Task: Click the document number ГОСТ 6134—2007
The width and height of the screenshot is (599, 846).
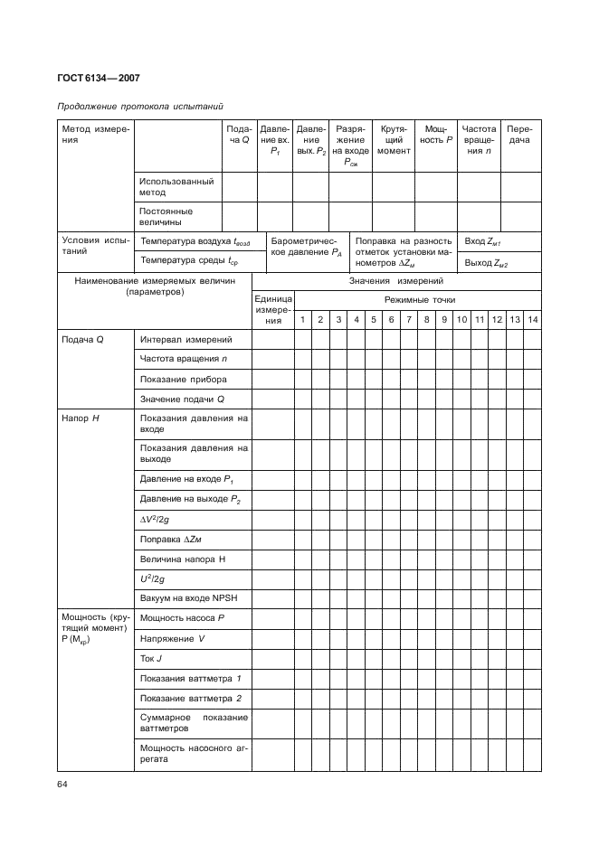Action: [100, 79]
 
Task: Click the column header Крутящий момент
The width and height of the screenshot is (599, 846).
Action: [393, 140]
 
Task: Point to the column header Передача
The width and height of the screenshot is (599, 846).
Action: [518, 135]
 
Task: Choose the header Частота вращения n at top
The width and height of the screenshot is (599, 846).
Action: [479, 140]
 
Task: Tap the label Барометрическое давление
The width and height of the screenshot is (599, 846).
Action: [306, 248]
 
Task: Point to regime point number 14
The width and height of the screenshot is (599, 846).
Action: [532, 320]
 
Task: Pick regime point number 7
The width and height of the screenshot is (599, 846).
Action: [409, 320]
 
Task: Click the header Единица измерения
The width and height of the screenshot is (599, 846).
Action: [273, 309]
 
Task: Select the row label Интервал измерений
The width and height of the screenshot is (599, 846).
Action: [185, 340]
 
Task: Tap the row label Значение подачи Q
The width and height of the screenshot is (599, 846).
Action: [181, 399]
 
